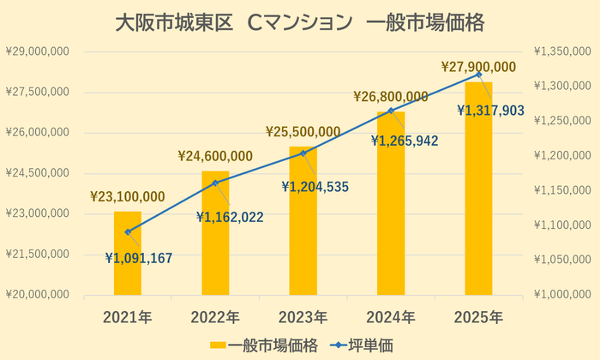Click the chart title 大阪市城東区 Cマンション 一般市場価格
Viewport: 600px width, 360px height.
point(300,22)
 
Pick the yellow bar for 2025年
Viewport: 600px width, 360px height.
point(478,189)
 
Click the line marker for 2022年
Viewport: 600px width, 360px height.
point(215,183)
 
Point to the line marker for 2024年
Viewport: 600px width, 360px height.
point(391,111)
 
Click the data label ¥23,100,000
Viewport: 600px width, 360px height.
point(128,197)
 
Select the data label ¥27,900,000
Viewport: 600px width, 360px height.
point(478,67)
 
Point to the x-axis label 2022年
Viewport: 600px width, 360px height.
point(215,317)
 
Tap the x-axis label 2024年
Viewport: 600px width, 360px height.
point(391,317)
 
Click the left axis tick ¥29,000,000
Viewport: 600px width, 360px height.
point(37,51)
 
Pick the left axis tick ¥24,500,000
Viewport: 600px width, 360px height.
point(37,173)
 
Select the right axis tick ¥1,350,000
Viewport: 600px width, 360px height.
point(562,51)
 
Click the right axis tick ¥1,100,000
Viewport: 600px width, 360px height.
point(562,225)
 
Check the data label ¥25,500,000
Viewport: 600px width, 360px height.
point(303,132)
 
